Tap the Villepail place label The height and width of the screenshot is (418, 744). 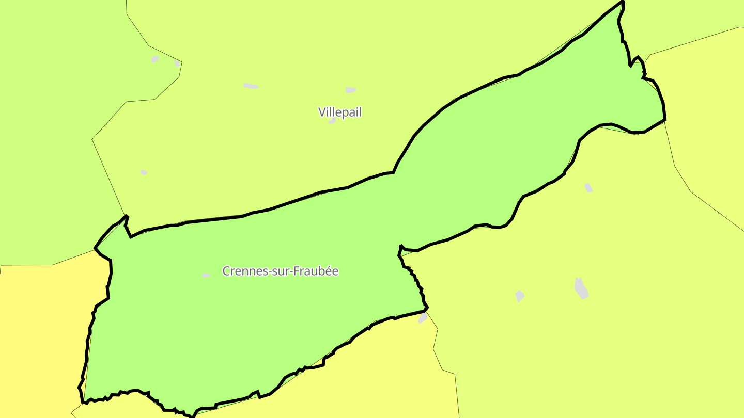pyautogui.click(x=340, y=112)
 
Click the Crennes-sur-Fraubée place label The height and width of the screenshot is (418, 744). pyautogui.click(x=280, y=271)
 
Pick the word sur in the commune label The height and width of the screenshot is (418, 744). pyautogui.click(x=280, y=271)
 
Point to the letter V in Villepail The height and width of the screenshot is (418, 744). pyautogui.click(x=322, y=112)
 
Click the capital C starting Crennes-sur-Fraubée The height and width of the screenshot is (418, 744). pyautogui.click(x=226, y=271)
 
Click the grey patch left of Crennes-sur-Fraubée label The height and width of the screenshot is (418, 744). pyautogui.click(x=206, y=276)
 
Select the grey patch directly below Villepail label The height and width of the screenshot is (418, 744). pyautogui.click(x=332, y=121)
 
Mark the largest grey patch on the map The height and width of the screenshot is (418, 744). pyautogui.click(x=581, y=288)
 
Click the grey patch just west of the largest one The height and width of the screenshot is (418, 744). pyautogui.click(x=519, y=296)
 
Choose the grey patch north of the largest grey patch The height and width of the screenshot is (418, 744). pyautogui.click(x=588, y=188)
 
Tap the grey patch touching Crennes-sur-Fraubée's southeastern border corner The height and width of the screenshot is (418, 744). pyautogui.click(x=423, y=318)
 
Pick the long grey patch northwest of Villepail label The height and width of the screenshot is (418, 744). pyautogui.click(x=251, y=86)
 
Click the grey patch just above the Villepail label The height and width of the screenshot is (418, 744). pyautogui.click(x=350, y=90)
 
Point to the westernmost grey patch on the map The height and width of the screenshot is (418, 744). pyautogui.click(x=144, y=172)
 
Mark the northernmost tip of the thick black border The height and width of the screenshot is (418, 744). pyautogui.click(x=623, y=2)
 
